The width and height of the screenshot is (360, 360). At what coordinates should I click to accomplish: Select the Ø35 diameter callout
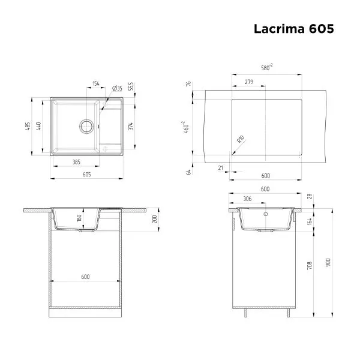[x=117, y=89]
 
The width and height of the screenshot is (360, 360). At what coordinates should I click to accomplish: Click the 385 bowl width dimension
[x=77, y=161]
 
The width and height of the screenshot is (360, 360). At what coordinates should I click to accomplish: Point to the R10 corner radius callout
[x=241, y=139]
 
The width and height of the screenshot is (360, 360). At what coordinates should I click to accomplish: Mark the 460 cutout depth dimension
[x=187, y=127]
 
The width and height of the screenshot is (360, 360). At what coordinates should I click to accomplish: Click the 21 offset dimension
[x=221, y=168]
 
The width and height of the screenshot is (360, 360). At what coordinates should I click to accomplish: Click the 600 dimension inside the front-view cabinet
[x=85, y=277]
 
